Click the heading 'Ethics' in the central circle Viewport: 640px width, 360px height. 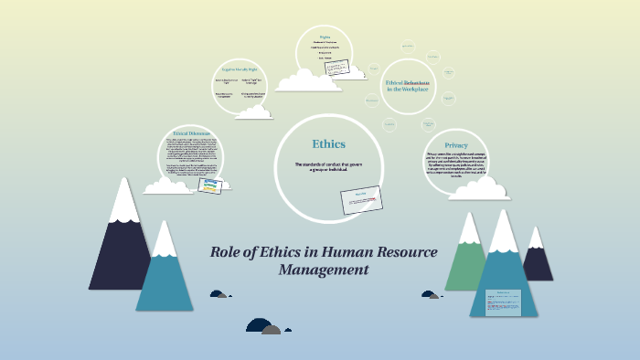329,144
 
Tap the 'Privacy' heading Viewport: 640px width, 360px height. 456,145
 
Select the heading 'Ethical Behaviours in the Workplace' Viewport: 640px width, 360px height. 408,84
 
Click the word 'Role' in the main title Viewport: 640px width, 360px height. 228,252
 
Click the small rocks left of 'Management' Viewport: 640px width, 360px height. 219,294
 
